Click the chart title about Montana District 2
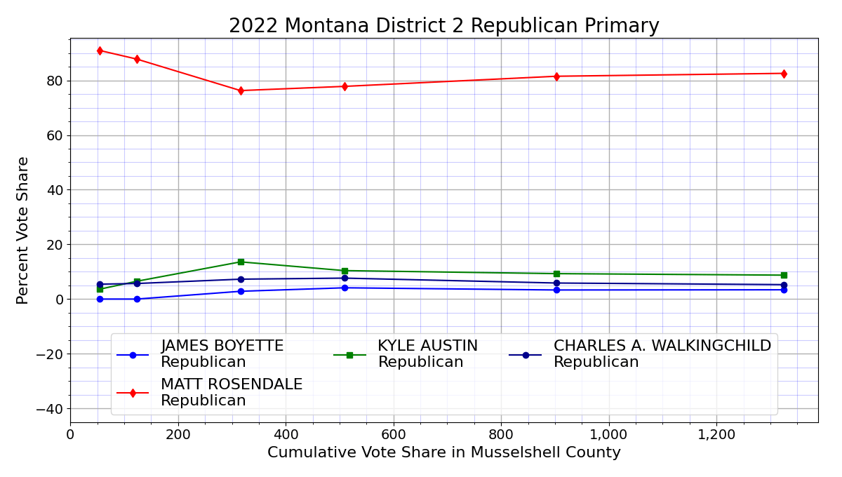443,26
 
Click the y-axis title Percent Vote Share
22,230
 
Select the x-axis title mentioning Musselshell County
443,453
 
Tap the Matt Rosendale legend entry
231,393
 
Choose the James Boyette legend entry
222,354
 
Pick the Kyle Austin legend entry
427,354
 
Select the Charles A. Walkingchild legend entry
662,354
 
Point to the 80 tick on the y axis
55,81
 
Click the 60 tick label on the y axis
55,135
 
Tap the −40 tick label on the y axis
51,409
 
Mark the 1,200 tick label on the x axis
716,435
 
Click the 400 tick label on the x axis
286,435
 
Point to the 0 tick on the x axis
70,435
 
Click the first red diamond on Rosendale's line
100,51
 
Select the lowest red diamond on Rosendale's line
241,90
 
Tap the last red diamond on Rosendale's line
784,74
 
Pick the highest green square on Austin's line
241,262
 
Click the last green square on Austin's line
784,275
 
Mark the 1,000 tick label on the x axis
608,435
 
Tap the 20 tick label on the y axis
55,245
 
